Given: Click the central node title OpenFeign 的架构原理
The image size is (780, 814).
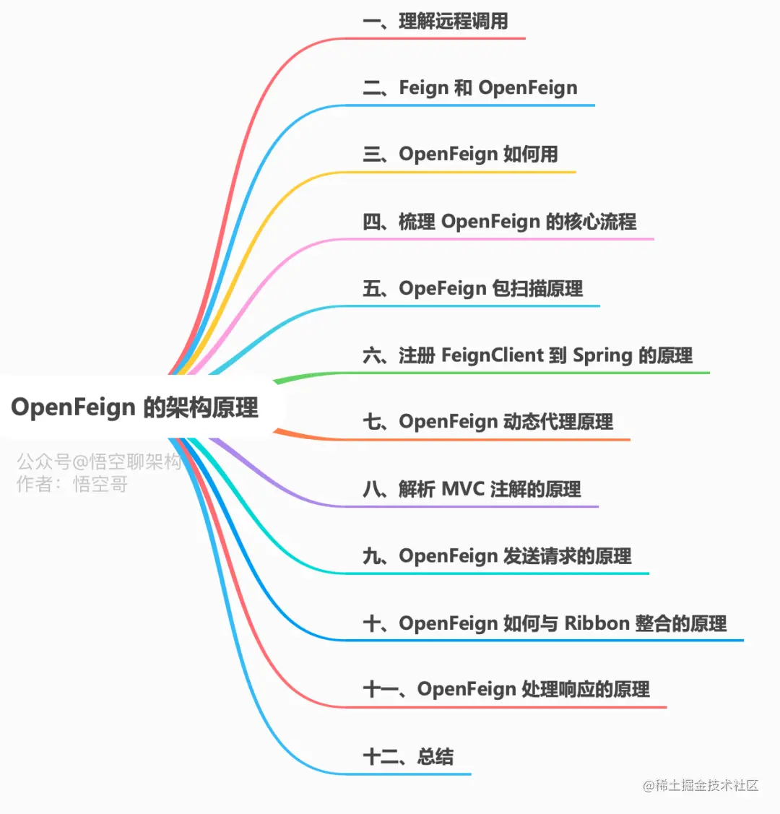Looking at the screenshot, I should coord(134,407).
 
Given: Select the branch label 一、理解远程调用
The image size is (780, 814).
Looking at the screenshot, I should coord(435,21).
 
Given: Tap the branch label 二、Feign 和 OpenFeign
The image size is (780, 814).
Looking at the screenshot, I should coord(470,88).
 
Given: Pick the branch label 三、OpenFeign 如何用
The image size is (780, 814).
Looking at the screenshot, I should coord(460,155).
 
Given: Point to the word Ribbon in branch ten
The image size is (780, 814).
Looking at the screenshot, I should coord(597,623).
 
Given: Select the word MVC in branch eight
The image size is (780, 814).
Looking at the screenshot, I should coord(462,490).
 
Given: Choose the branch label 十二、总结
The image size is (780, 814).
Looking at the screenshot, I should coord(408,757).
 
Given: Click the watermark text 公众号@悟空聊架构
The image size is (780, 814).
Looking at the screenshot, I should coord(99,462).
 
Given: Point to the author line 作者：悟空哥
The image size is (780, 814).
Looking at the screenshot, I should coord(72,484).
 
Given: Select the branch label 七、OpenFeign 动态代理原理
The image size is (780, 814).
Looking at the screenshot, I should coord(488,422).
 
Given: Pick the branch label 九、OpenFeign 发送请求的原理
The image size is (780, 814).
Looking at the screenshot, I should coord(497,556).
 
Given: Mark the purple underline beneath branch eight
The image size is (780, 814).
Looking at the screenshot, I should coord(469,506).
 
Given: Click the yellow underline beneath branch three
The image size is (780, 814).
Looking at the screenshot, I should coord(462,173).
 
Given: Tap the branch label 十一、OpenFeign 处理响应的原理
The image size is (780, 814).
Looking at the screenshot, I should coord(506,690).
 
